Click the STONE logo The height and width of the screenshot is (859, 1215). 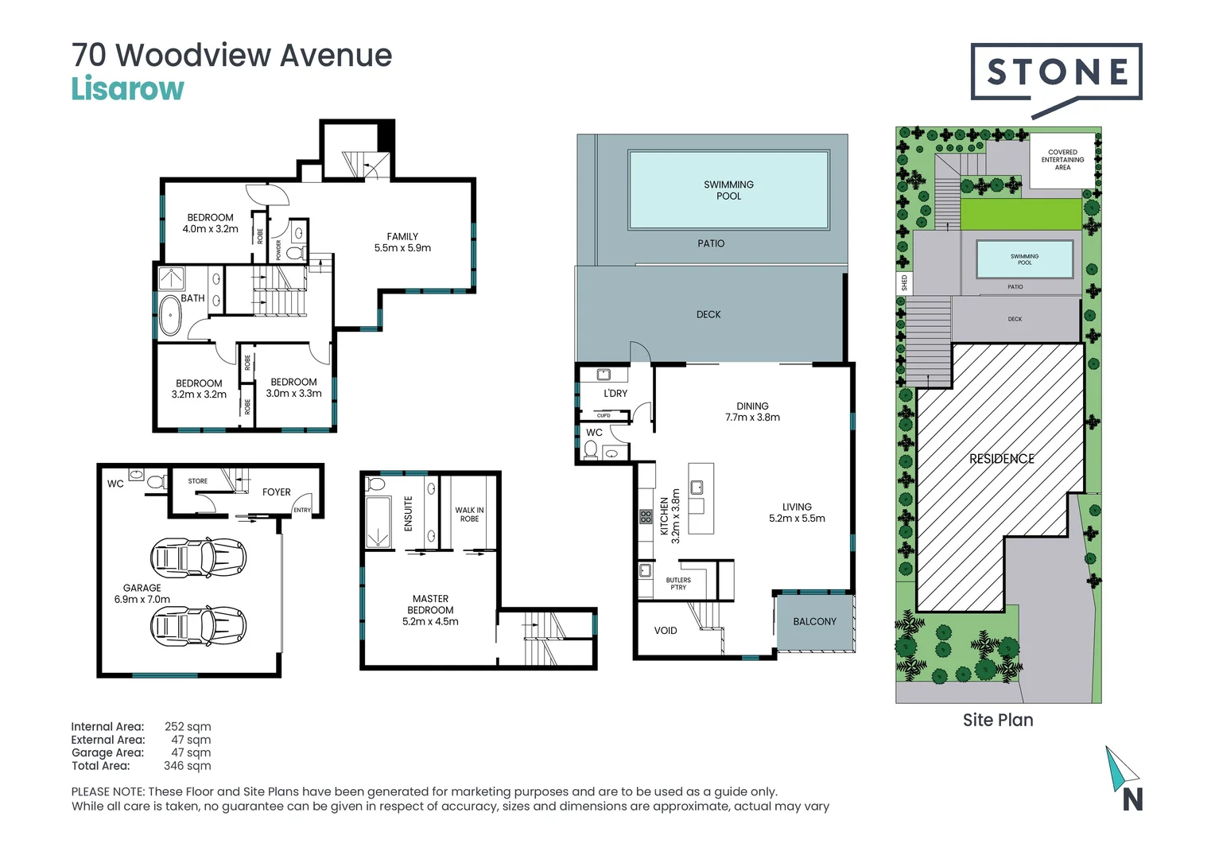(x=1056, y=73)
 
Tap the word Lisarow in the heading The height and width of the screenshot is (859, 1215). (x=127, y=89)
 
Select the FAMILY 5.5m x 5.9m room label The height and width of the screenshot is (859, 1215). (x=402, y=243)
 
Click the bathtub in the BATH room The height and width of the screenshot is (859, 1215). (x=170, y=316)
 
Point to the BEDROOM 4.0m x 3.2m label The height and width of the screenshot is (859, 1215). (x=210, y=223)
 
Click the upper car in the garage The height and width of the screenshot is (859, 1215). (x=198, y=557)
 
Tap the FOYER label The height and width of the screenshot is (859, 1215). (x=276, y=492)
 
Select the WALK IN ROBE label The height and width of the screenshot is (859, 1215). (x=469, y=515)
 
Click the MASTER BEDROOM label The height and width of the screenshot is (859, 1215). (x=430, y=610)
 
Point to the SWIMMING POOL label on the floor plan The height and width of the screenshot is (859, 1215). (x=728, y=190)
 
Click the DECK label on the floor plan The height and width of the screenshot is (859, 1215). (x=708, y=315)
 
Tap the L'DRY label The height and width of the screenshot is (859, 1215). (x=615, y=394)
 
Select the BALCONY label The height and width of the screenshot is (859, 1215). (x=814, y=622)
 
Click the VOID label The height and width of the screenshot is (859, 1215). (x=666, y=631)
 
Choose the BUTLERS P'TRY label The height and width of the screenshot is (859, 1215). (x=678, y=584)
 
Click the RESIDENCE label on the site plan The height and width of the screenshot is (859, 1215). (x=1001, y=459)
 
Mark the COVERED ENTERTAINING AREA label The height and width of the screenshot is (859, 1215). (x=1062, y=160)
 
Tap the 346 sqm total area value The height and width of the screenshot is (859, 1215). (x=187, y=766)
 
